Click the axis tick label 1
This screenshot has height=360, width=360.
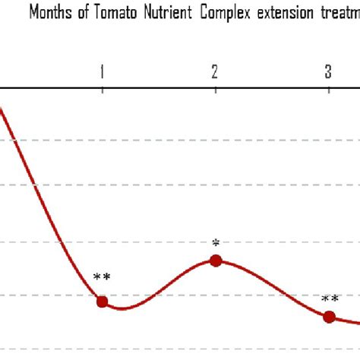click(102, 72)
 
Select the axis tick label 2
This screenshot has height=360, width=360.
click(215, 72)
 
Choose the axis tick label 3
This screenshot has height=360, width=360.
click(328, 72)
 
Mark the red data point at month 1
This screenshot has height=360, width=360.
click(102, 302)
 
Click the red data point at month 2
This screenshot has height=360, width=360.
click(215, 261)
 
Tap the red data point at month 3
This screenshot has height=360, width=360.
click(328, 317)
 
